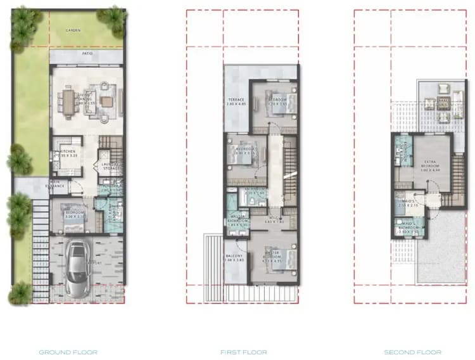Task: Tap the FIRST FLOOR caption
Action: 244,352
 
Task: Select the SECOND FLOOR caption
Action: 412,352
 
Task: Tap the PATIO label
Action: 87,55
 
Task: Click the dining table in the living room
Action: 68,100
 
